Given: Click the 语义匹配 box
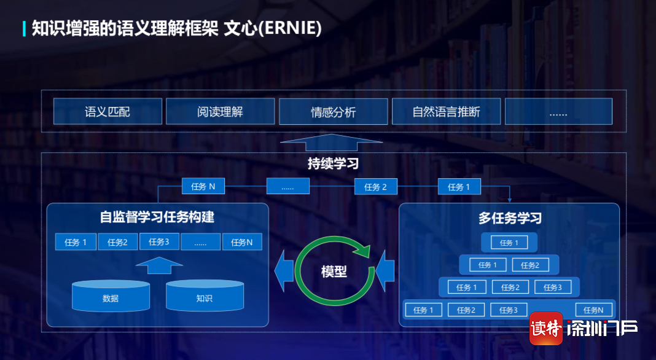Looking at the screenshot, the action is point(107,111).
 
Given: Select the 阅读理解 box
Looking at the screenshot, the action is point(220,111).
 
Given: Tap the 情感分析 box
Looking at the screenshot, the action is point(333,111).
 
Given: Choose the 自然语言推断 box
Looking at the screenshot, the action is point(446,111).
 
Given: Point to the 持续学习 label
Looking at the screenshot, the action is point(333,163).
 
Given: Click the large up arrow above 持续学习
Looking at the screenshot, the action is point(331,143).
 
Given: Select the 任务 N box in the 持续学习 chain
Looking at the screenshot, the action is point(203,186).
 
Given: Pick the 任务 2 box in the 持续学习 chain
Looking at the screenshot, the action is point(376,187).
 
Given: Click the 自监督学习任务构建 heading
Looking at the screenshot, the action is point(157,217).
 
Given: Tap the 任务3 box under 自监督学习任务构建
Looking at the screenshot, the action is point(159,241).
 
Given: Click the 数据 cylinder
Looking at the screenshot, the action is point(111,296).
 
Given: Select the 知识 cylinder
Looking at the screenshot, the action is point(205,295).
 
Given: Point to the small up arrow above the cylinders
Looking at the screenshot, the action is point(159,265).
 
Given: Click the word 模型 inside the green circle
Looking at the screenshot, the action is point(334,272).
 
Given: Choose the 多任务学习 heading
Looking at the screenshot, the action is point(510,217).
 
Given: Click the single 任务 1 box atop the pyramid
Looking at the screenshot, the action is point(509,243).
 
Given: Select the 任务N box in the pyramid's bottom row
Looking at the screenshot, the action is point(594,310).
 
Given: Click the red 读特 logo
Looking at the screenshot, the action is point(546,329).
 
